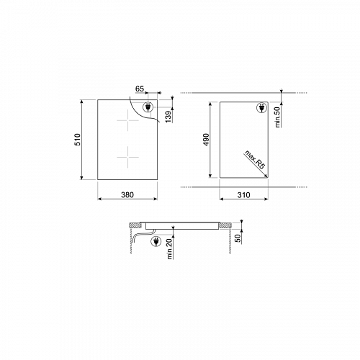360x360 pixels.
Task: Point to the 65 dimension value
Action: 140,89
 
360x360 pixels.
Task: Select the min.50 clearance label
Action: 278,115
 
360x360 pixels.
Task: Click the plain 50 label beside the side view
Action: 239,237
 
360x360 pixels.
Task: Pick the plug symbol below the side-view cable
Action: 156,243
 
